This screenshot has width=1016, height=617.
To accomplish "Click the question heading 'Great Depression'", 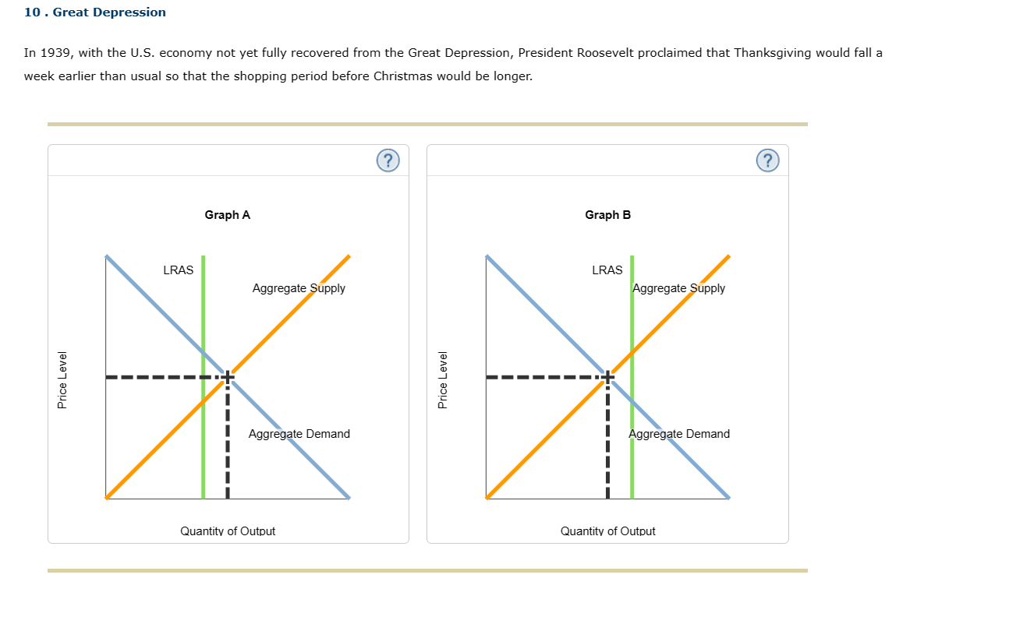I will tap(109, 12).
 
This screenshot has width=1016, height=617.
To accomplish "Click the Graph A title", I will tap(228, 215).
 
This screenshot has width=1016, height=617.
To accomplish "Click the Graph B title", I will tap(608, 215).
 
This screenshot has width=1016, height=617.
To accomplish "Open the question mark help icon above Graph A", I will tap(388, 160).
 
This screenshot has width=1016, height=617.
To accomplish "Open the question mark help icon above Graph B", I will tap(767, 160).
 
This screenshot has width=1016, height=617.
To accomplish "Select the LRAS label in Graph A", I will tap(179, 270).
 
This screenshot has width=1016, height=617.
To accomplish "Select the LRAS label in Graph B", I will tap(607, 270).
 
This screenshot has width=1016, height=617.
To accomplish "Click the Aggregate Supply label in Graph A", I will tap(299, 288).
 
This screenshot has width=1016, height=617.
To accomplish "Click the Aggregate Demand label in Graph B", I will tap(679, 434).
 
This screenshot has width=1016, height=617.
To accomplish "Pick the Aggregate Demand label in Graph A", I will tap(299, 434).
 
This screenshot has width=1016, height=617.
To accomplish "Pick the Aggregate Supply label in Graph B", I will tap(679, 288).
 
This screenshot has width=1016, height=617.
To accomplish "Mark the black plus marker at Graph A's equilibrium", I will tap(227, 377).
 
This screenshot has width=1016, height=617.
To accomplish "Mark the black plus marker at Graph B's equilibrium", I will tap(607, 377).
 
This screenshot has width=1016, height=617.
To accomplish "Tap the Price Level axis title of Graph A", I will tap(62, 379).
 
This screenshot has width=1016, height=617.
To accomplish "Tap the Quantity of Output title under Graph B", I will tap(608, 531).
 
